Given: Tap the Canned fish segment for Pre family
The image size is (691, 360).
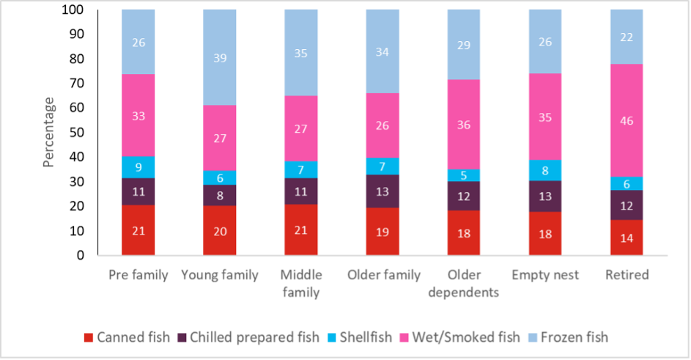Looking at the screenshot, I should (138, 230).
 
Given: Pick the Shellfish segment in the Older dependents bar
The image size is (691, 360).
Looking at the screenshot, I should (463, 175).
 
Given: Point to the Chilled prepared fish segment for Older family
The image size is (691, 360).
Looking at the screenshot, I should (382, 191).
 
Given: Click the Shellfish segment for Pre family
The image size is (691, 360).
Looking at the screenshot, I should (138, 167).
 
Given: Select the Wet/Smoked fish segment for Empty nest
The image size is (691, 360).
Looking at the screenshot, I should (544, 116).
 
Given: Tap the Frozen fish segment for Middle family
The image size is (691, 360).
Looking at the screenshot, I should (300, 53).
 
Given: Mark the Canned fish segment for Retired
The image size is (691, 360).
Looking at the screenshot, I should (626, 238).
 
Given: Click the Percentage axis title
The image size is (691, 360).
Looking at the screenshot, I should (49, 132).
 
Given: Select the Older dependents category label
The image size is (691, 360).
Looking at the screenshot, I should (463, 283).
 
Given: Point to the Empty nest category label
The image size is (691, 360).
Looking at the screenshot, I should (544, 276).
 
